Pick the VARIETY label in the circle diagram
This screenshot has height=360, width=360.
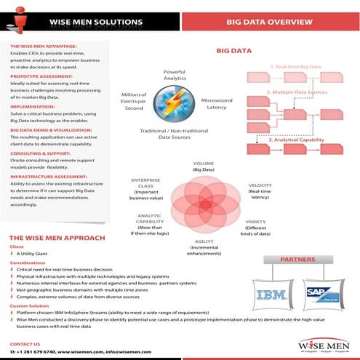255,225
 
